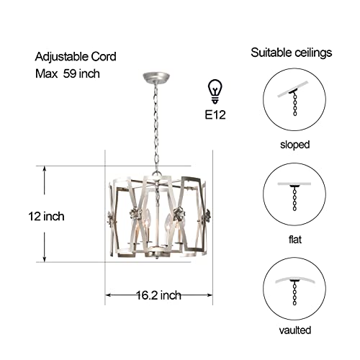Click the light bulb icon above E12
[x=215, y=91]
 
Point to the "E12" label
[x=215, y=113]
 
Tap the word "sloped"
[x=294, y=144]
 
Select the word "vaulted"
[x=294, y=330]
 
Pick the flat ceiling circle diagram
[x=294, y=194]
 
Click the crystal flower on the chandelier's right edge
[x=208, y=215]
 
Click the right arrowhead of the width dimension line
[x=210, y=294]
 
